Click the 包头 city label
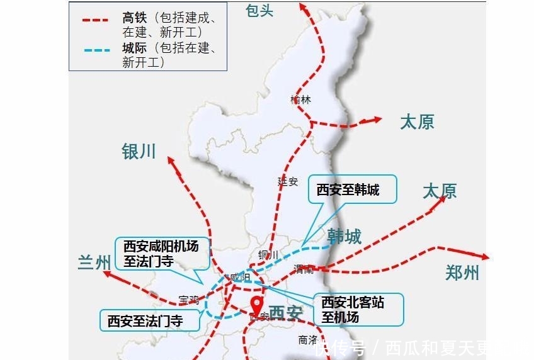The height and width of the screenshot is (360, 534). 260,10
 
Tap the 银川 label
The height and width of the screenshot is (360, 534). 139,151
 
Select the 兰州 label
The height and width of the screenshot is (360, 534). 94,262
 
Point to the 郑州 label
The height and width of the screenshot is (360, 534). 462,273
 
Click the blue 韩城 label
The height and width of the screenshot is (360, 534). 344,236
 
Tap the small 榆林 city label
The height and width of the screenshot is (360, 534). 301,99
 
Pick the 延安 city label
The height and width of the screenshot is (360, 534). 287,181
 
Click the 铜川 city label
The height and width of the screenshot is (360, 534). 268,254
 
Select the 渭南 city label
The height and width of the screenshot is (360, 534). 303,269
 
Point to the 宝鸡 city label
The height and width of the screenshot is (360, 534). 188,300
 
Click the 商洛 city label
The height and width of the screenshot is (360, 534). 308,339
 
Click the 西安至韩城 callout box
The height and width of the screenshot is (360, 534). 352,189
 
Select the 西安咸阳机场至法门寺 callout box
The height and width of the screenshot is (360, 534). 161,254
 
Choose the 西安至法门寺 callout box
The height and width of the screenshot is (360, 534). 145,321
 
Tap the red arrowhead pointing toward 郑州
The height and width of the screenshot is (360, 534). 486,257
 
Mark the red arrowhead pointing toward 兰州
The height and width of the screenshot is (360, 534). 108,273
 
